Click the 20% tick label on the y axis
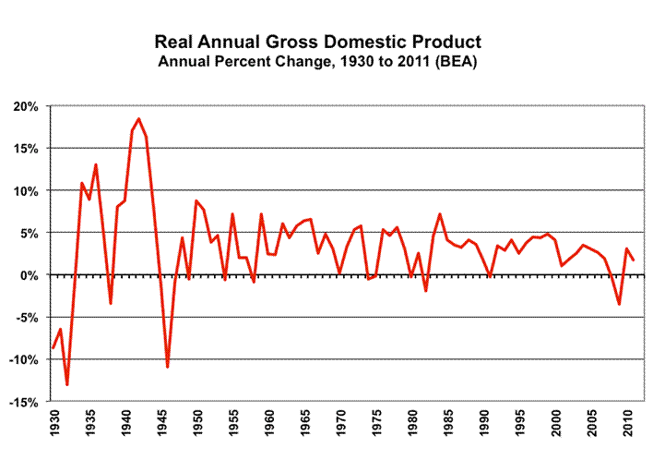(26, 106)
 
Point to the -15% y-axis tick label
(23, 402)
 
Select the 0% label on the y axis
(30, 275)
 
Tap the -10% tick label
(23, 359)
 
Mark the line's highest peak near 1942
(139, 118)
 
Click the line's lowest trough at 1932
(68, 384)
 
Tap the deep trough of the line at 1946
(168, 367)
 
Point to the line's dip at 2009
(620, 304)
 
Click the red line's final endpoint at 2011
(634, 260)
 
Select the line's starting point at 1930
(53, 348)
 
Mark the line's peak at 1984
(440, 214)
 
